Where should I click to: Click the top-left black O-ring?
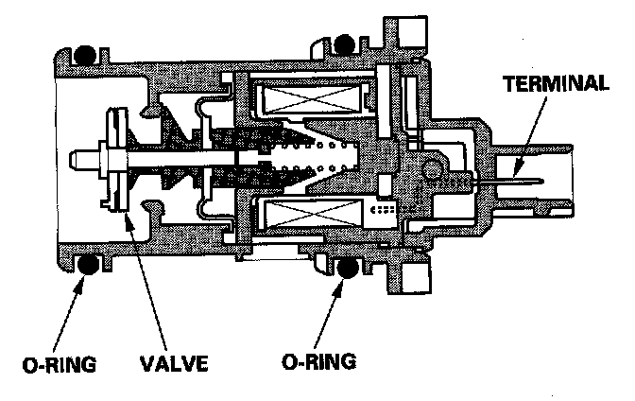[89, 54]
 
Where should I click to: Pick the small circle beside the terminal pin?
[436, 170]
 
